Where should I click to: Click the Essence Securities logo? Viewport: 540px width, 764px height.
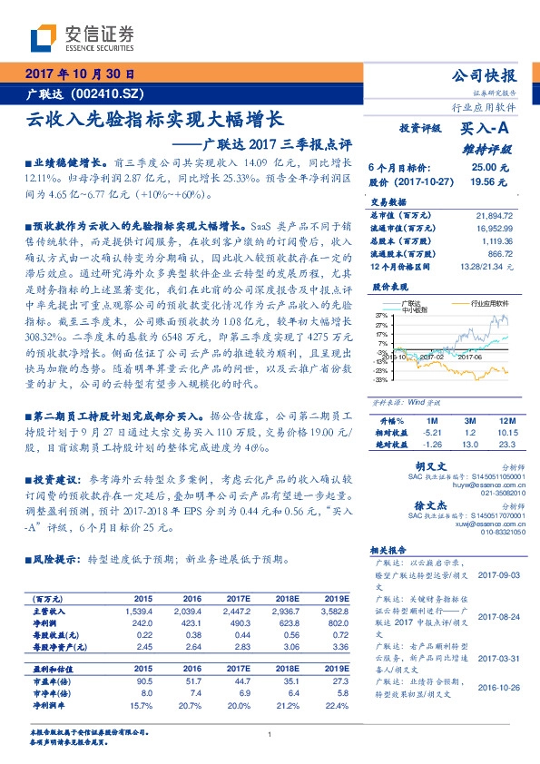[82, 36]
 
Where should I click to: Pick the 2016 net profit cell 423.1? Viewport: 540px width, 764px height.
[191, 623]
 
